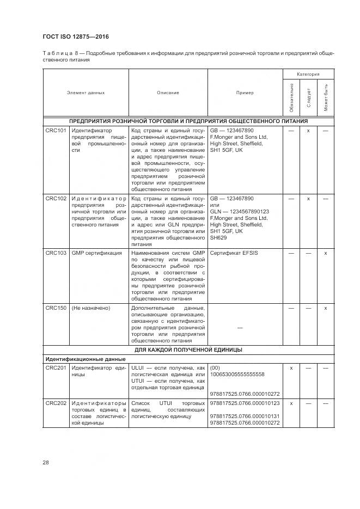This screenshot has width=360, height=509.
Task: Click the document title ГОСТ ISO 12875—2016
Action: tap(75, 36)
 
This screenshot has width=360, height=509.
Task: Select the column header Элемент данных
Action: tap(86, 93)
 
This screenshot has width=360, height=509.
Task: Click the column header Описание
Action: tap(168, 93)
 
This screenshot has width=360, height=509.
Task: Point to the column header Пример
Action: tap(245, 93)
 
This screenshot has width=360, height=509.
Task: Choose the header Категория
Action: tap(308, 73)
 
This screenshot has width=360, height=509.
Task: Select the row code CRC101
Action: tap(56, 131)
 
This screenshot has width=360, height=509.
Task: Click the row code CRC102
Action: tap(56, 199)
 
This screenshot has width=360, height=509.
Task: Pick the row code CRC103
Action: tap(56, 253)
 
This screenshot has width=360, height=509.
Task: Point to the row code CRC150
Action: tap(56, 308)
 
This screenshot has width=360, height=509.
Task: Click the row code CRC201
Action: tap(56, 368)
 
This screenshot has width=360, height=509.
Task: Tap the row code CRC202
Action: tap(56, 403)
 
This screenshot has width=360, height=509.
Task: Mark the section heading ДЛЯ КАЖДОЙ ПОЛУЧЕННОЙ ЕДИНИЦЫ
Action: tap(188, 349)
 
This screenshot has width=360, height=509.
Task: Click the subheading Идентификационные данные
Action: tap(86, 359)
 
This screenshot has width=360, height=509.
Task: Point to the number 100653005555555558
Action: tap(237, 375)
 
